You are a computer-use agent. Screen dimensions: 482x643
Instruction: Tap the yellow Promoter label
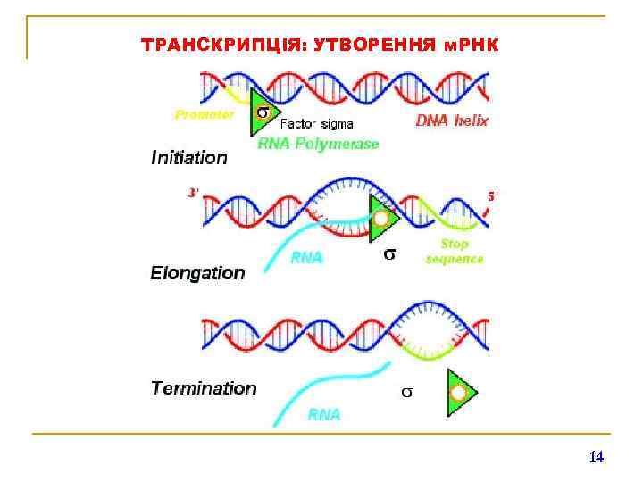[205, 114]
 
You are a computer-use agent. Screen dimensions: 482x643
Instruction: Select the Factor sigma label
[317, 124]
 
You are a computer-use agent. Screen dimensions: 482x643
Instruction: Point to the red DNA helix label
[452, 120]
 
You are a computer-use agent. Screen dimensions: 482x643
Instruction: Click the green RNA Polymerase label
[318, 143]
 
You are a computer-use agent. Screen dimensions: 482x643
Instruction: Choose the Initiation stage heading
[189, 158]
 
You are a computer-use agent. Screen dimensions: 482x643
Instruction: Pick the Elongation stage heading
[197, 273]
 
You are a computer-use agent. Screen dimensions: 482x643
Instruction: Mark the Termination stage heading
[204, 388]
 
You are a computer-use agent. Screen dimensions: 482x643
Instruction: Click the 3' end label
[193, 192]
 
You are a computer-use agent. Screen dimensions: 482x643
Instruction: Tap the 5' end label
[491, 195]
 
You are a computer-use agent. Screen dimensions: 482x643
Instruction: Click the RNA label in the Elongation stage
[307, 258]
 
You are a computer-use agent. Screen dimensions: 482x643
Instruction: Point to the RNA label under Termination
[324, 414]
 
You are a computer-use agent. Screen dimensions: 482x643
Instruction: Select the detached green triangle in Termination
[460, 393]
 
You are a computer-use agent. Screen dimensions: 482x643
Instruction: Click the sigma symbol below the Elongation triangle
[389, 254]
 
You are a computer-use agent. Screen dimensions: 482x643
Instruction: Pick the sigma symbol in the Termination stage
[406, 392]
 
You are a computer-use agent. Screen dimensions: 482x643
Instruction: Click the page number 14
[597, 457]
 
